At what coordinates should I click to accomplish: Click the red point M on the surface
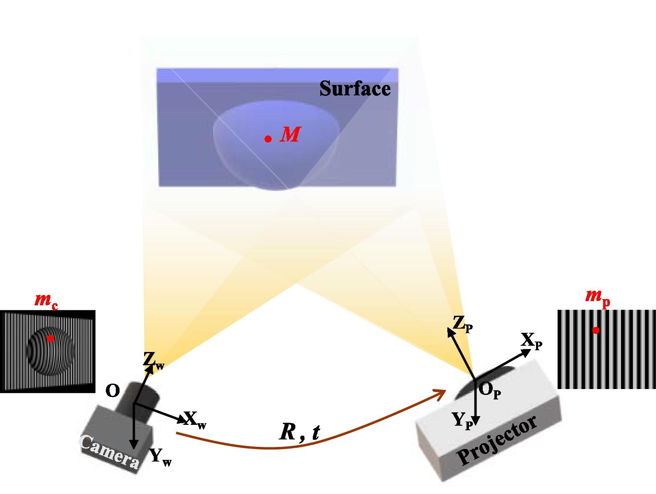268,139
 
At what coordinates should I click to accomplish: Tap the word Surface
355,88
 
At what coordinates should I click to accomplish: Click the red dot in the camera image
50,338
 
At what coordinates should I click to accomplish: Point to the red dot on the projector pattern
596,330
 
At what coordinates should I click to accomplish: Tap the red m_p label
597,298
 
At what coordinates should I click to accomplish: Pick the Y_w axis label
161,457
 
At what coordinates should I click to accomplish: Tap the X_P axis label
531,341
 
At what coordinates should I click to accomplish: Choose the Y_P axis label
463,421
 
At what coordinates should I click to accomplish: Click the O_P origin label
489,391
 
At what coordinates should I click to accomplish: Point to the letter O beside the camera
113,390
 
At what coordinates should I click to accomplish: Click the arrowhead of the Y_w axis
134,446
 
